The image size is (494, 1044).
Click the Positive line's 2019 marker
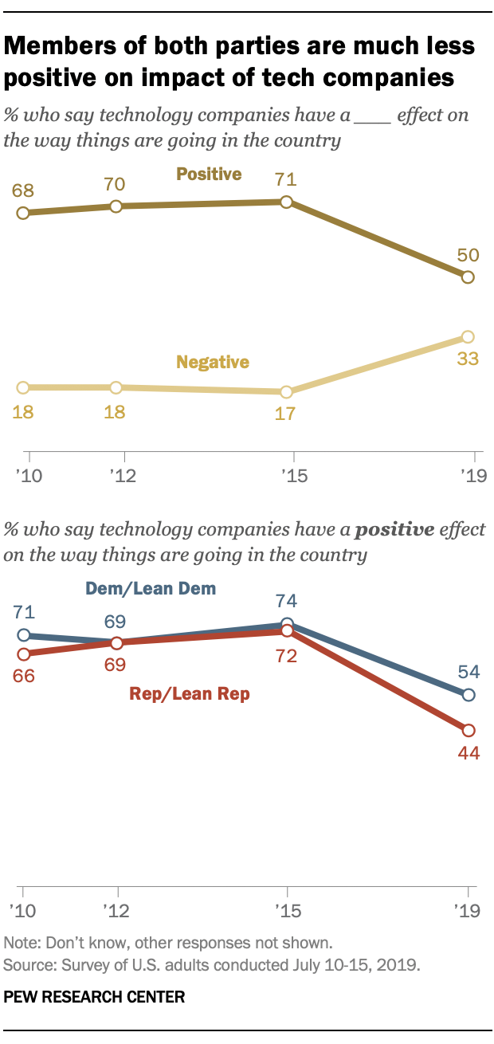(468, 277)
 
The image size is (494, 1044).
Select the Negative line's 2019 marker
(468, 337)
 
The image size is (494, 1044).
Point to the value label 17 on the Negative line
(288, 415)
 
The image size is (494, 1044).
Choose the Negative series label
(213, 362)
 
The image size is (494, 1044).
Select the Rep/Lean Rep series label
(190, 694)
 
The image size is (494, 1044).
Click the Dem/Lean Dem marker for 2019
(469, 695)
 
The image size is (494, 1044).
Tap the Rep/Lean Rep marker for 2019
(469, 730)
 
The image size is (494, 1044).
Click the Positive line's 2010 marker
(23, 213)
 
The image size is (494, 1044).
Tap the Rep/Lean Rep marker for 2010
(23, 654)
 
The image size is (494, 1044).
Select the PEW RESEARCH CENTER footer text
(95, 996)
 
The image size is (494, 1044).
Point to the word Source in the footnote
(25, 964)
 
